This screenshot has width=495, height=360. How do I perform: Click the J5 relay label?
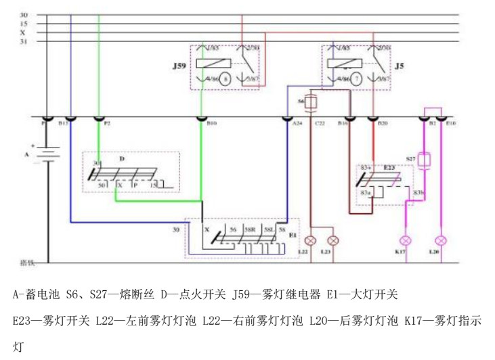tap(400, 66)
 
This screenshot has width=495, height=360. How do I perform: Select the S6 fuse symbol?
tap(311, 102)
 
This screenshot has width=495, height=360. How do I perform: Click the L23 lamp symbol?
tap(332, 240)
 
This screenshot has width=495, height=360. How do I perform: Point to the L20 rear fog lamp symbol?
tap(442, 240)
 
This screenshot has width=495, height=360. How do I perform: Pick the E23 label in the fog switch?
tap(389, 166)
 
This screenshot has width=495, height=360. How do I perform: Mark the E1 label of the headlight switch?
tap(293, 235)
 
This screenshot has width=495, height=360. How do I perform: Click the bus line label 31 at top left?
tap(24, 41)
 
